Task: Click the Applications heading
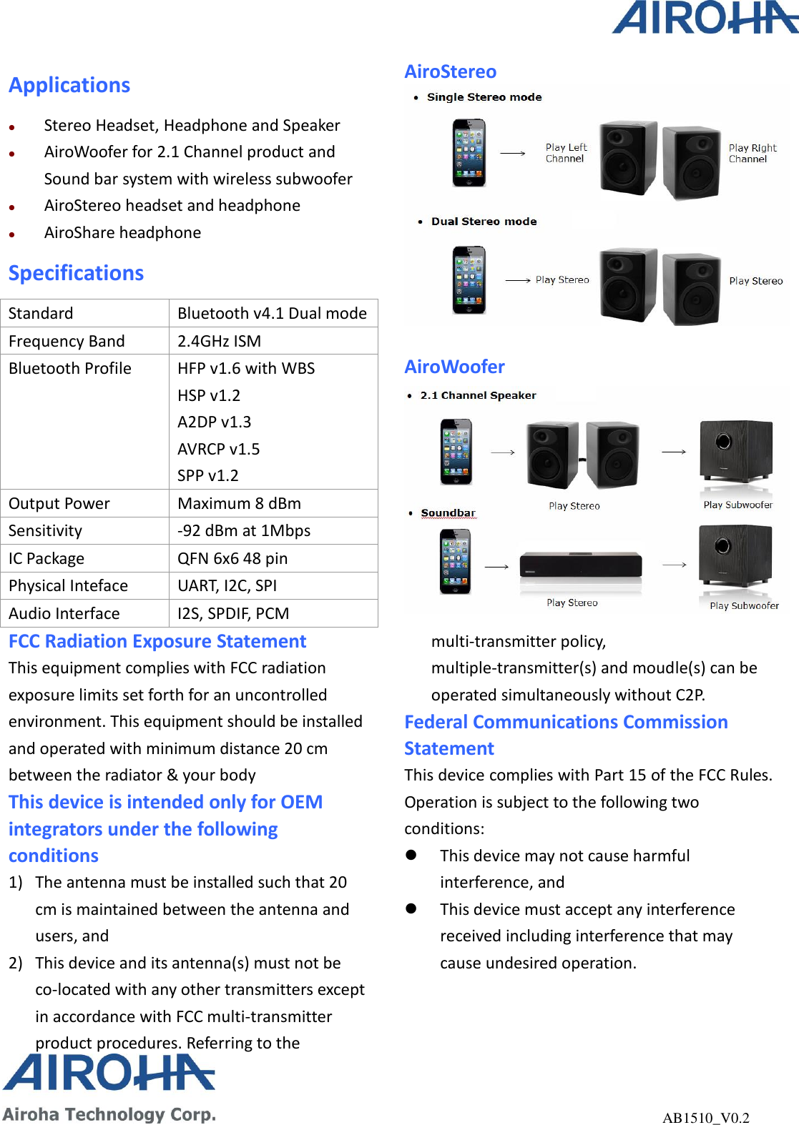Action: click(x=69, y=85)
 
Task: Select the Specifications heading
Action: click(x=76, y=273)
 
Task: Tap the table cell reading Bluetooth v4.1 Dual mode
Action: click(x=272, y=313)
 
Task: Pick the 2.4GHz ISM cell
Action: click(x=219, y=341)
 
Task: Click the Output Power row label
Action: click(x=59, y=503)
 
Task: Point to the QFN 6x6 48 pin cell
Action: click(x=232, y=558)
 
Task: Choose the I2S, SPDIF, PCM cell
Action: click(x=233, y=613)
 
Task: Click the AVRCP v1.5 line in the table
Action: click(x=218, y=449)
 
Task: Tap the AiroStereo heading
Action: click(x=450, y=71)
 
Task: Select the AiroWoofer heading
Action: click(x=454, y=367)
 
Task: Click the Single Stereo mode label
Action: click(x=484, y=97)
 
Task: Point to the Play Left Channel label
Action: click(x=566, y=153)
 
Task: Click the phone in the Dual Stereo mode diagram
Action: click(x=469, y=279)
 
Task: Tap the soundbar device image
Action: click(x=580, y=565)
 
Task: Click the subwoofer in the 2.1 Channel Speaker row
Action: click(x=736, y=452)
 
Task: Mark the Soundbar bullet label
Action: click(x=448, y=513)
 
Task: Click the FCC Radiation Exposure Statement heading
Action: click(x=157, y=641)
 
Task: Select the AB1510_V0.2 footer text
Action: click(x=705, y=1118)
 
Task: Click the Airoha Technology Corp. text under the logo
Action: click(x=109, y=1114)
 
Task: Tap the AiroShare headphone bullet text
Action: click(x=122, y=232)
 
